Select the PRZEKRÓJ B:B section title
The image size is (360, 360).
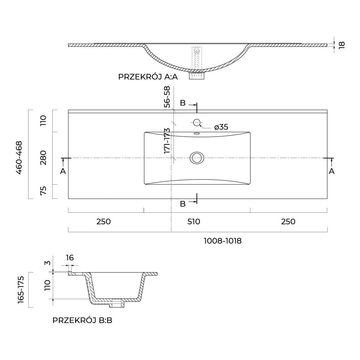[82, 320]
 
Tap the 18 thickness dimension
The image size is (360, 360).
[342, 45]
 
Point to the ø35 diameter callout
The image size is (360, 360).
[221, 127]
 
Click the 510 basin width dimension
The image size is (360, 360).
[193, 222]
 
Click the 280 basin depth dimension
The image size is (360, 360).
[44, 158]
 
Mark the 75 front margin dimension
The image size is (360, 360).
[44, 191]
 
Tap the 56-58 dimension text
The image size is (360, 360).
[167, 97]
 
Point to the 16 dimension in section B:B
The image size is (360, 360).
[70, 257]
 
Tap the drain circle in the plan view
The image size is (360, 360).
[197, 158]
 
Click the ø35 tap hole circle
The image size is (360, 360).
[197, 122]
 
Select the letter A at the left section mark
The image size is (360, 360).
[63, 171]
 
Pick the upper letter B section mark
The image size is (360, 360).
[183, 103]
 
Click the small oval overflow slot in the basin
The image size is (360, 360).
[197, 134]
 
